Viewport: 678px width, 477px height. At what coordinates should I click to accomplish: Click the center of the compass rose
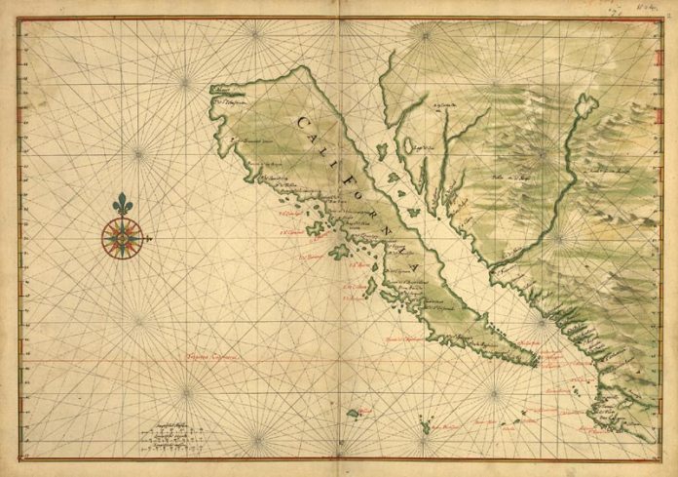tap(122, 236)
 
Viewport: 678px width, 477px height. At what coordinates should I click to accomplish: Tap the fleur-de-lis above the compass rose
tap(122, 205)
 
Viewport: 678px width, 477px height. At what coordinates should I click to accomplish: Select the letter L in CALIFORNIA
tap(332, 147)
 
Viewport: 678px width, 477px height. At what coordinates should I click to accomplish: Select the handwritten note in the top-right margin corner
tap(665, 8)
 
